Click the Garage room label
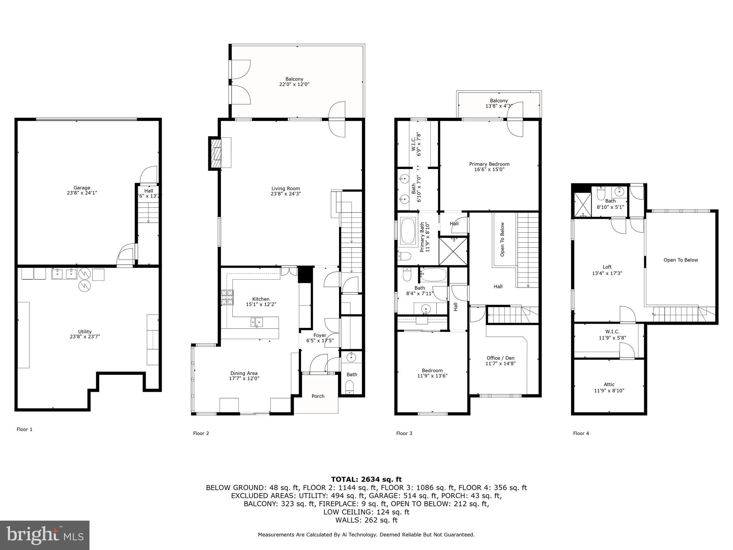pyautogui.click(x=82, y=188)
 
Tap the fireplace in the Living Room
pyautogui.click(x=216, y=153)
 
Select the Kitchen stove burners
pyautogui.click(x=227, y=297)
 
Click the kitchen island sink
pyautogui.click(x=256, y=322)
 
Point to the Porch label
pyautogui.click(x=318, y=396)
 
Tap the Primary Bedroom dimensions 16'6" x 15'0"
pyautogui.click(x=489, y=170)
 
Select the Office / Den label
pyautogui.click(x=500, y=358)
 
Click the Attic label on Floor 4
pyautogui.click(x=609, y=385)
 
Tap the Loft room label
pyautogui.click(x=607, y=267)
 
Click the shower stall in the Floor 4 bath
pyautogui.click(x=583, y=205)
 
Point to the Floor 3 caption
pyautogui.click(x=404, y=433)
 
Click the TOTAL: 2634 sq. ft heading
pyautogui.click(x=366, y=479)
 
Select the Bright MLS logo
pyautogui.click(x=45, y=535)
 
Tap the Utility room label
pyautogui.click(x=85, y=332)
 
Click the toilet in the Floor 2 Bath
pyautogui.click(x=350, y=387)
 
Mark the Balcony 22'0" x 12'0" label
pyautogui.click(x=294, y=82)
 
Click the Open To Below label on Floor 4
pyautogui.click(x=680, y=260)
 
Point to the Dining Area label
pyautogui.click(x=244, y=373)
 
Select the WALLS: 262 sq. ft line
pyautogui.click(x=366, y=520)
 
